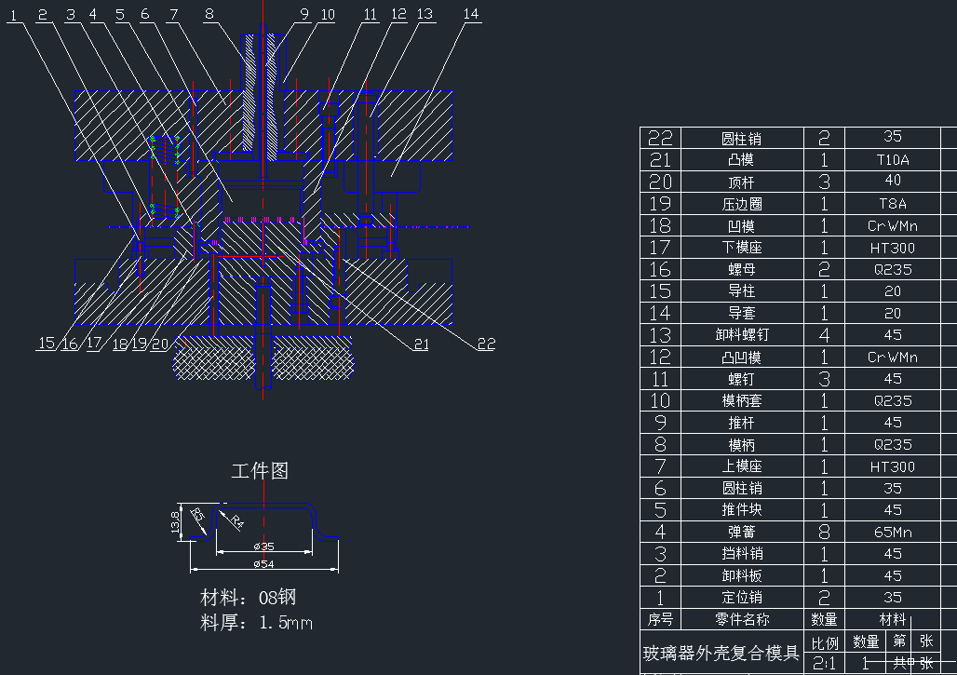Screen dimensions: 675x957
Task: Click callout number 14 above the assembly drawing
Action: click(471, 14)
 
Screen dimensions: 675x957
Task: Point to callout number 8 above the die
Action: click(209, 14)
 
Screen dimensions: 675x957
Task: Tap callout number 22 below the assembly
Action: click(486, 344)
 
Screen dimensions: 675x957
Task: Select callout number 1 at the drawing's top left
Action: click(13, 14)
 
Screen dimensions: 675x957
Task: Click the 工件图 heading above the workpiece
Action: click(260, 471)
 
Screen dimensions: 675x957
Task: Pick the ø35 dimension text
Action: click(263, 547)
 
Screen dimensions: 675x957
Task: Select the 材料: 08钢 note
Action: click(249, 597)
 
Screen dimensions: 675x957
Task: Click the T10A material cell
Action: click(893, 159)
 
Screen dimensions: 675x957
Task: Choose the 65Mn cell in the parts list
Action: click(893, 532)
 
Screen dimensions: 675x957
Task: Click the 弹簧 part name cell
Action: click(742, 532)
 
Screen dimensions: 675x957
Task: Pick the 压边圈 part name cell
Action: click(742, 204)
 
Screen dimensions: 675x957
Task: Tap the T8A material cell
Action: click(893, 204)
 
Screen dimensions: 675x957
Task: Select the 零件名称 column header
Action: click(742, 619)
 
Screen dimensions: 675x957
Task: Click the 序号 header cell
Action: click(660, 619)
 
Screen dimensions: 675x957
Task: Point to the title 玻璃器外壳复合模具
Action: click(721, 653)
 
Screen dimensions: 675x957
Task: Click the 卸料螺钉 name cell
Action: click(742, 335)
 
